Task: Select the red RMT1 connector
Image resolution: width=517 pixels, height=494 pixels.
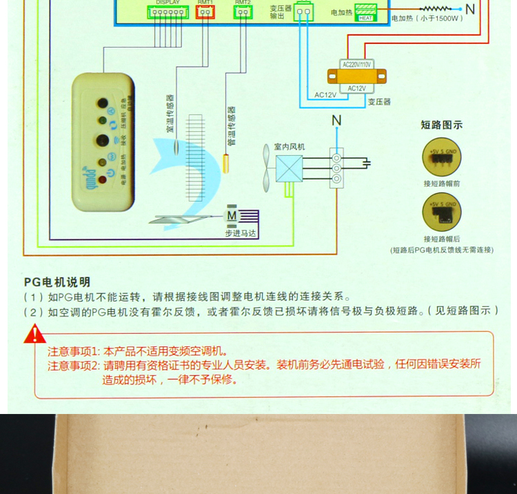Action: [205, 12]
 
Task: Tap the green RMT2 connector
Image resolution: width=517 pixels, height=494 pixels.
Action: [243, 12]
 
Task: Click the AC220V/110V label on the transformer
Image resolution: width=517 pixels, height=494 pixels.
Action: [356, 64]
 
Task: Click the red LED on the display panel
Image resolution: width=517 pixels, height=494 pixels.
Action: [102, 180]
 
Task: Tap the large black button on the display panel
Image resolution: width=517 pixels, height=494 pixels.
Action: [102, 141]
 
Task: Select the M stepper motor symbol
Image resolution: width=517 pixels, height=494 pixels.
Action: [231, 215]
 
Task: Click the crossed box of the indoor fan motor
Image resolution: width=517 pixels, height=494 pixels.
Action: [289, 168]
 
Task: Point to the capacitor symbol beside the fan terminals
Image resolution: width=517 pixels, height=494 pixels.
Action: [367, 163]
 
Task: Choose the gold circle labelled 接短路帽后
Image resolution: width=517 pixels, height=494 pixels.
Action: [441, 213]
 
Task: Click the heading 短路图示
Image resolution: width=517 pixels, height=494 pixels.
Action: [441, 125]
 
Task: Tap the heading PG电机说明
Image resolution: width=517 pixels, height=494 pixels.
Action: [57, 281]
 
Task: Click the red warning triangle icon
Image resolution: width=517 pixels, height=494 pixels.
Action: [34, 335]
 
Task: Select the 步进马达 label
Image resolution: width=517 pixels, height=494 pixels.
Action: [240, 233]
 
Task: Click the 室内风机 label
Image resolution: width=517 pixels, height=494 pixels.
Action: [289, 147]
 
